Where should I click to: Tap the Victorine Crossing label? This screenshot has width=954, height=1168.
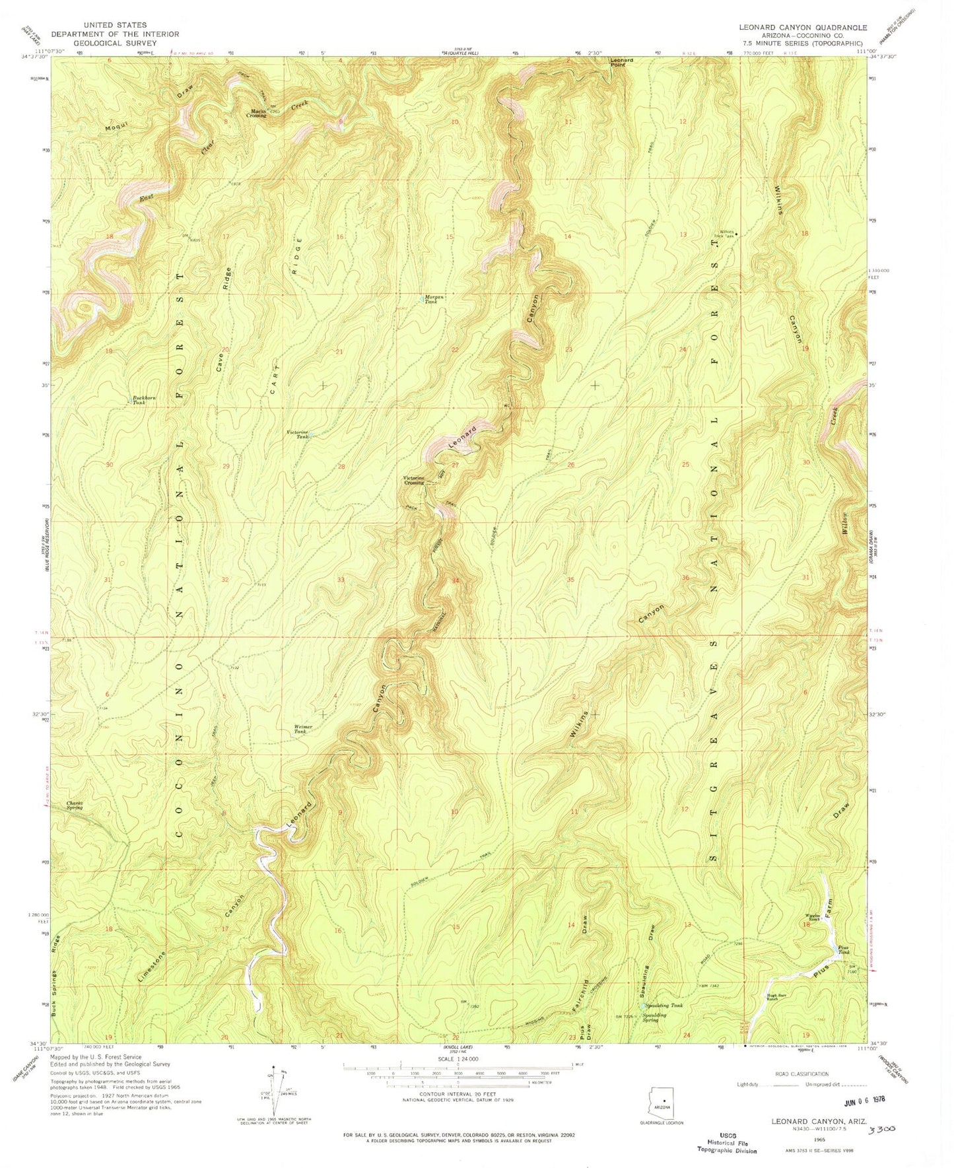(415, 481)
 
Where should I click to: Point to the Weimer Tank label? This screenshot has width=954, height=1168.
(302, 729)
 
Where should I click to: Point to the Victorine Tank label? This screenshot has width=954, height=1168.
(297, 434)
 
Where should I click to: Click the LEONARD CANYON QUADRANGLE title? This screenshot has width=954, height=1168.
(803, 28)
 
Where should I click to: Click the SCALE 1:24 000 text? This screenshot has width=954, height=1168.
(457, 1058)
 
